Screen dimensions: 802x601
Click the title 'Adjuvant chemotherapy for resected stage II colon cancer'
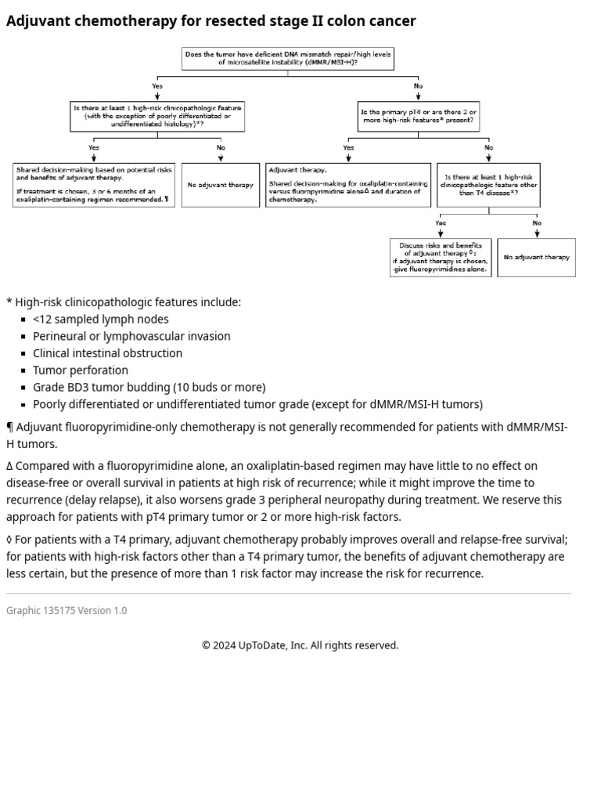tap(211, 21)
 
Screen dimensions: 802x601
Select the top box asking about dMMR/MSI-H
tap(287, 59)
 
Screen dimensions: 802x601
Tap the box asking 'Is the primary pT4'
tap(418, 117)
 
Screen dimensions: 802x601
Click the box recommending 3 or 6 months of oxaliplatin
tap(94, 185)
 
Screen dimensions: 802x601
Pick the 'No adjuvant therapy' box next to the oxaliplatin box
tap(220, 185)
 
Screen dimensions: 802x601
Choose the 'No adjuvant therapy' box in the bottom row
tap(536, 258)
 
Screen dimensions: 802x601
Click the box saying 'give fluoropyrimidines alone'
tap(441, 258)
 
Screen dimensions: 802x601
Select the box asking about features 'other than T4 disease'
tap(488, 185)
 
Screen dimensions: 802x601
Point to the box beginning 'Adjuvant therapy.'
tap(347, 185)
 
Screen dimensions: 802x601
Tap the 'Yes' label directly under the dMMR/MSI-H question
tap(157, 86)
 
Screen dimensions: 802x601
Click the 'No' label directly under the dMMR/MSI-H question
tap(418, 86)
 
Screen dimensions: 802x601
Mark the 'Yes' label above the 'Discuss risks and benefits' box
tap(441, 223)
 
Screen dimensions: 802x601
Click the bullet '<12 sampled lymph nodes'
tap(100, 320)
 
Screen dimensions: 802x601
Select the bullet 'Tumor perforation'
tap(80, 370)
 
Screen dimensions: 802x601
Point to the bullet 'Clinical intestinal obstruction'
tap(107, 353)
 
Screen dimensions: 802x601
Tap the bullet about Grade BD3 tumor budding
tap(149, 388)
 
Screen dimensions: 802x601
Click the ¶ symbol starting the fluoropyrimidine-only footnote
tap(10, 428)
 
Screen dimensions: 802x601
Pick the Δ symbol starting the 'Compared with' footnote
tap(10, 466)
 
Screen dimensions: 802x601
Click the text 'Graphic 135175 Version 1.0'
tap(67, 611)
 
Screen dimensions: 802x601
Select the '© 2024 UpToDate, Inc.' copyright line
tap(300, 645)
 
